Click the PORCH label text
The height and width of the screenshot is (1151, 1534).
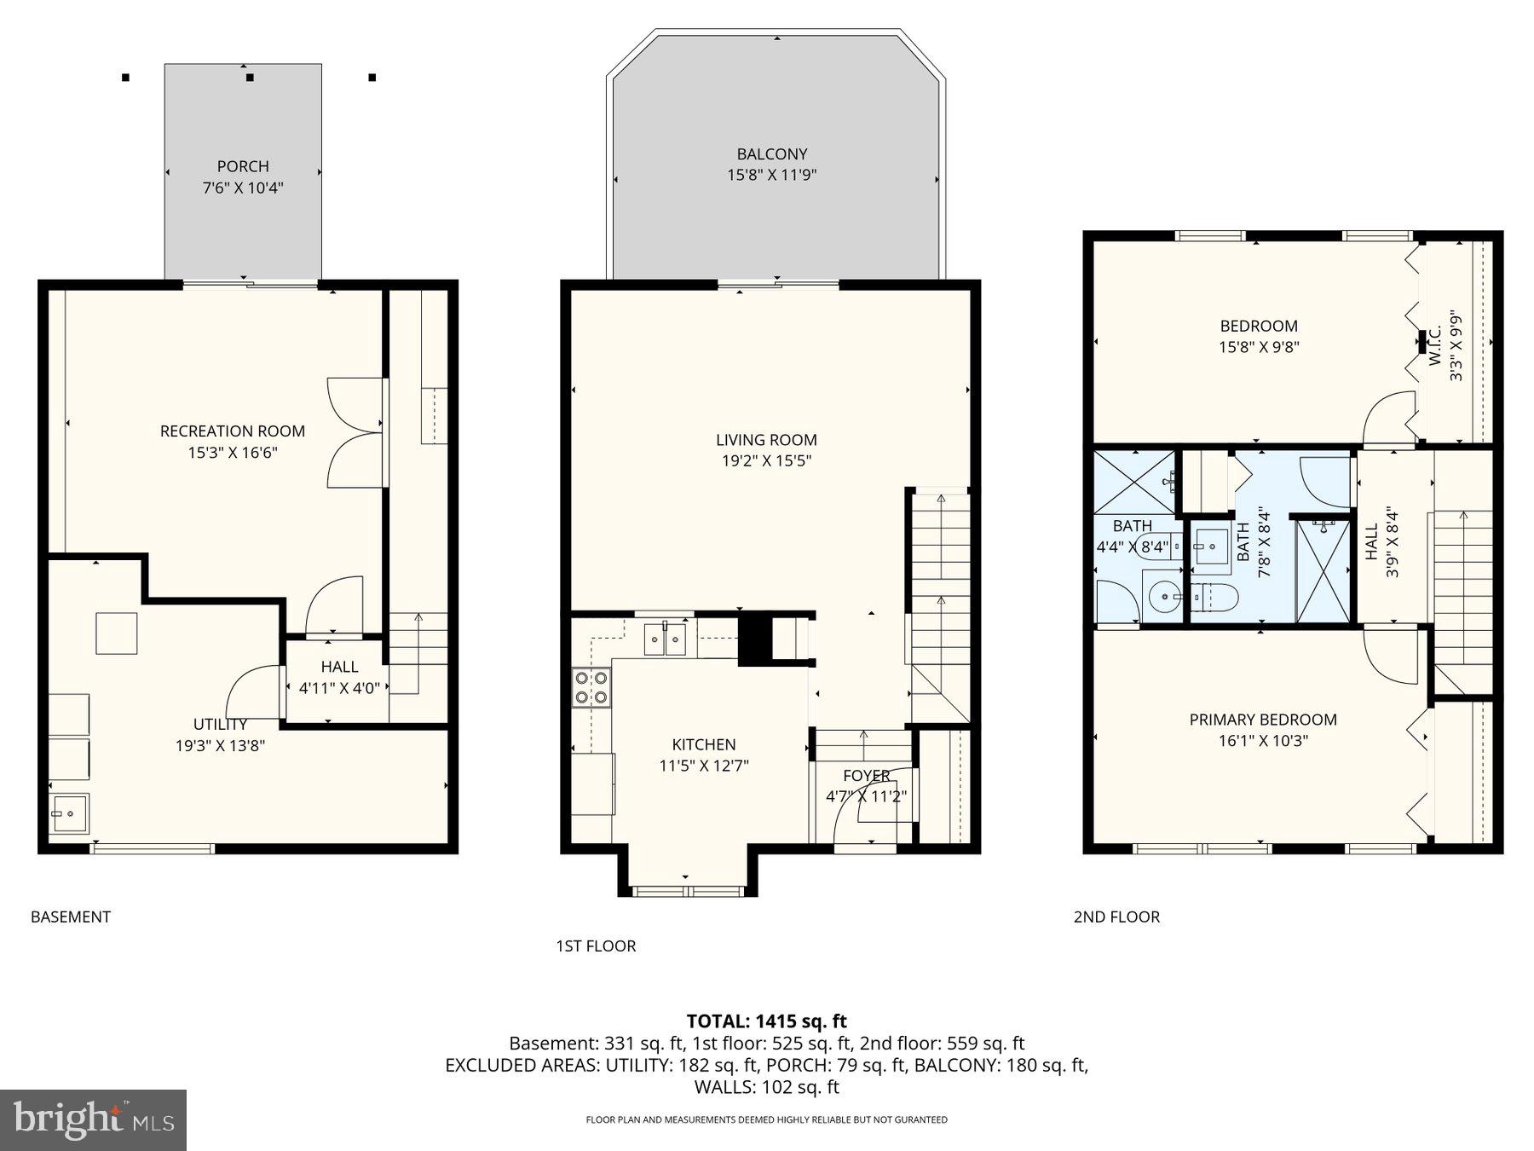tap(243, 166)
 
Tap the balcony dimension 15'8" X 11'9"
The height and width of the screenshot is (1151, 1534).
tap(771, 176)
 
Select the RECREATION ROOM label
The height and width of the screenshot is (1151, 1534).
tap(233, 431)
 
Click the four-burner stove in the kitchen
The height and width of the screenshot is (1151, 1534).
tap(591, 688)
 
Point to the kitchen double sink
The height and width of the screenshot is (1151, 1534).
tap(665, 639)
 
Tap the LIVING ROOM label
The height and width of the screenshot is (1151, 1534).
tap(766, 440)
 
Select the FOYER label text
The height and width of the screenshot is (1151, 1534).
tap(866, 776)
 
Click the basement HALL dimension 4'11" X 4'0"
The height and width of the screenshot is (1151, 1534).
tap(338, 688)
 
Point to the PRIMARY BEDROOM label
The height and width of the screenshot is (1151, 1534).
tap(1263, 720)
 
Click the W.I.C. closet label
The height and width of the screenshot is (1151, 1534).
tap(1435, 346)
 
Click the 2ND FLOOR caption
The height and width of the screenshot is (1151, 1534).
tap(1116, 917)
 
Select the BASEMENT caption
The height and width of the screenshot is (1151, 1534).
tap(71, 917)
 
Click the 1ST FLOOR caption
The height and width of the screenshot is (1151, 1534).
tap(596, 946)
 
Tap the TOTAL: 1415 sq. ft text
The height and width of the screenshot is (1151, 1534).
tap(766, 1021)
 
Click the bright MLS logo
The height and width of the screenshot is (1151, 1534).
tap(93, 1119)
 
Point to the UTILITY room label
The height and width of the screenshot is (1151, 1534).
tap(220, 725)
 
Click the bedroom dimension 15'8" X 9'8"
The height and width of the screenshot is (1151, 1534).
tap(1259, 347)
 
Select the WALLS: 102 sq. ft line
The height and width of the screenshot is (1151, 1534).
tap(766, 1087)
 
